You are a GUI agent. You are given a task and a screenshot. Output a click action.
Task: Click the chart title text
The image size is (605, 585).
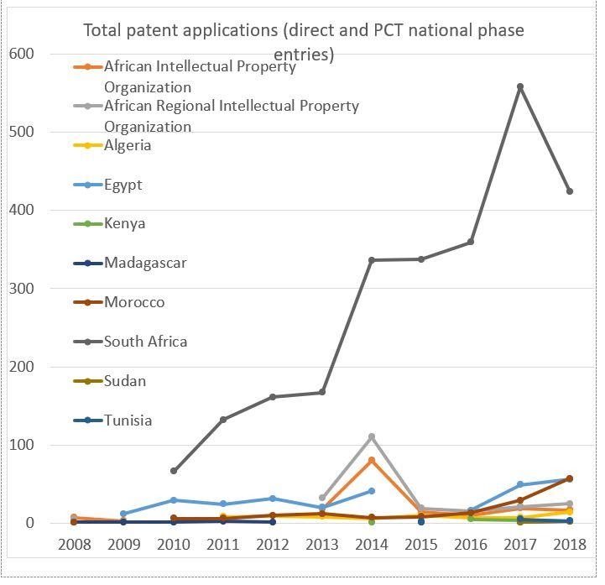[303, 42]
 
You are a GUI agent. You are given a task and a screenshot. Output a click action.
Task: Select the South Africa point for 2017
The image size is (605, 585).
[520, 86]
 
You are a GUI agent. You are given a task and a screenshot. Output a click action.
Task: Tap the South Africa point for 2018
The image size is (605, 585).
[569, 191]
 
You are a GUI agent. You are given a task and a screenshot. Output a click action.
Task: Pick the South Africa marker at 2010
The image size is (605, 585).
[174, 471]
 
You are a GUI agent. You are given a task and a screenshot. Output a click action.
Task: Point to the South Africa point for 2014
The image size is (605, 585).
[372, 260]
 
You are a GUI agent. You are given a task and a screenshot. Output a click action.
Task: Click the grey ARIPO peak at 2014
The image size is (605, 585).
[372, 437]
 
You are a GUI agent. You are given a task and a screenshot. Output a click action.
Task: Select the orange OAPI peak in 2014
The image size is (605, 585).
[372, 460]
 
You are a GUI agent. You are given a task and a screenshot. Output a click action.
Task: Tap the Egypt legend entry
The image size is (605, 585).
[123, 185]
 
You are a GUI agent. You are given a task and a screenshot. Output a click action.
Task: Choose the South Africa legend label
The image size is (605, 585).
[145, 342]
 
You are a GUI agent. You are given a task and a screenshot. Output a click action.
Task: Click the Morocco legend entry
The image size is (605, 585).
[134, 302]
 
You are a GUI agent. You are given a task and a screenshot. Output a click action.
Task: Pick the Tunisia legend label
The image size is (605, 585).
[128, 420]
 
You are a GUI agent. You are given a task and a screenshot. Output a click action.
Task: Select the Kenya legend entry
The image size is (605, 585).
[124, 223]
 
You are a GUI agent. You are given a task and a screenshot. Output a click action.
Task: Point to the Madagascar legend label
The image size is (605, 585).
[145, 263]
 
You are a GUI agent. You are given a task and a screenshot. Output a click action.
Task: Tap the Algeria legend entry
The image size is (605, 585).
[128, 145]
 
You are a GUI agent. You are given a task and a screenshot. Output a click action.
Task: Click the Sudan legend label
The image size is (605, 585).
[125, 381]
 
